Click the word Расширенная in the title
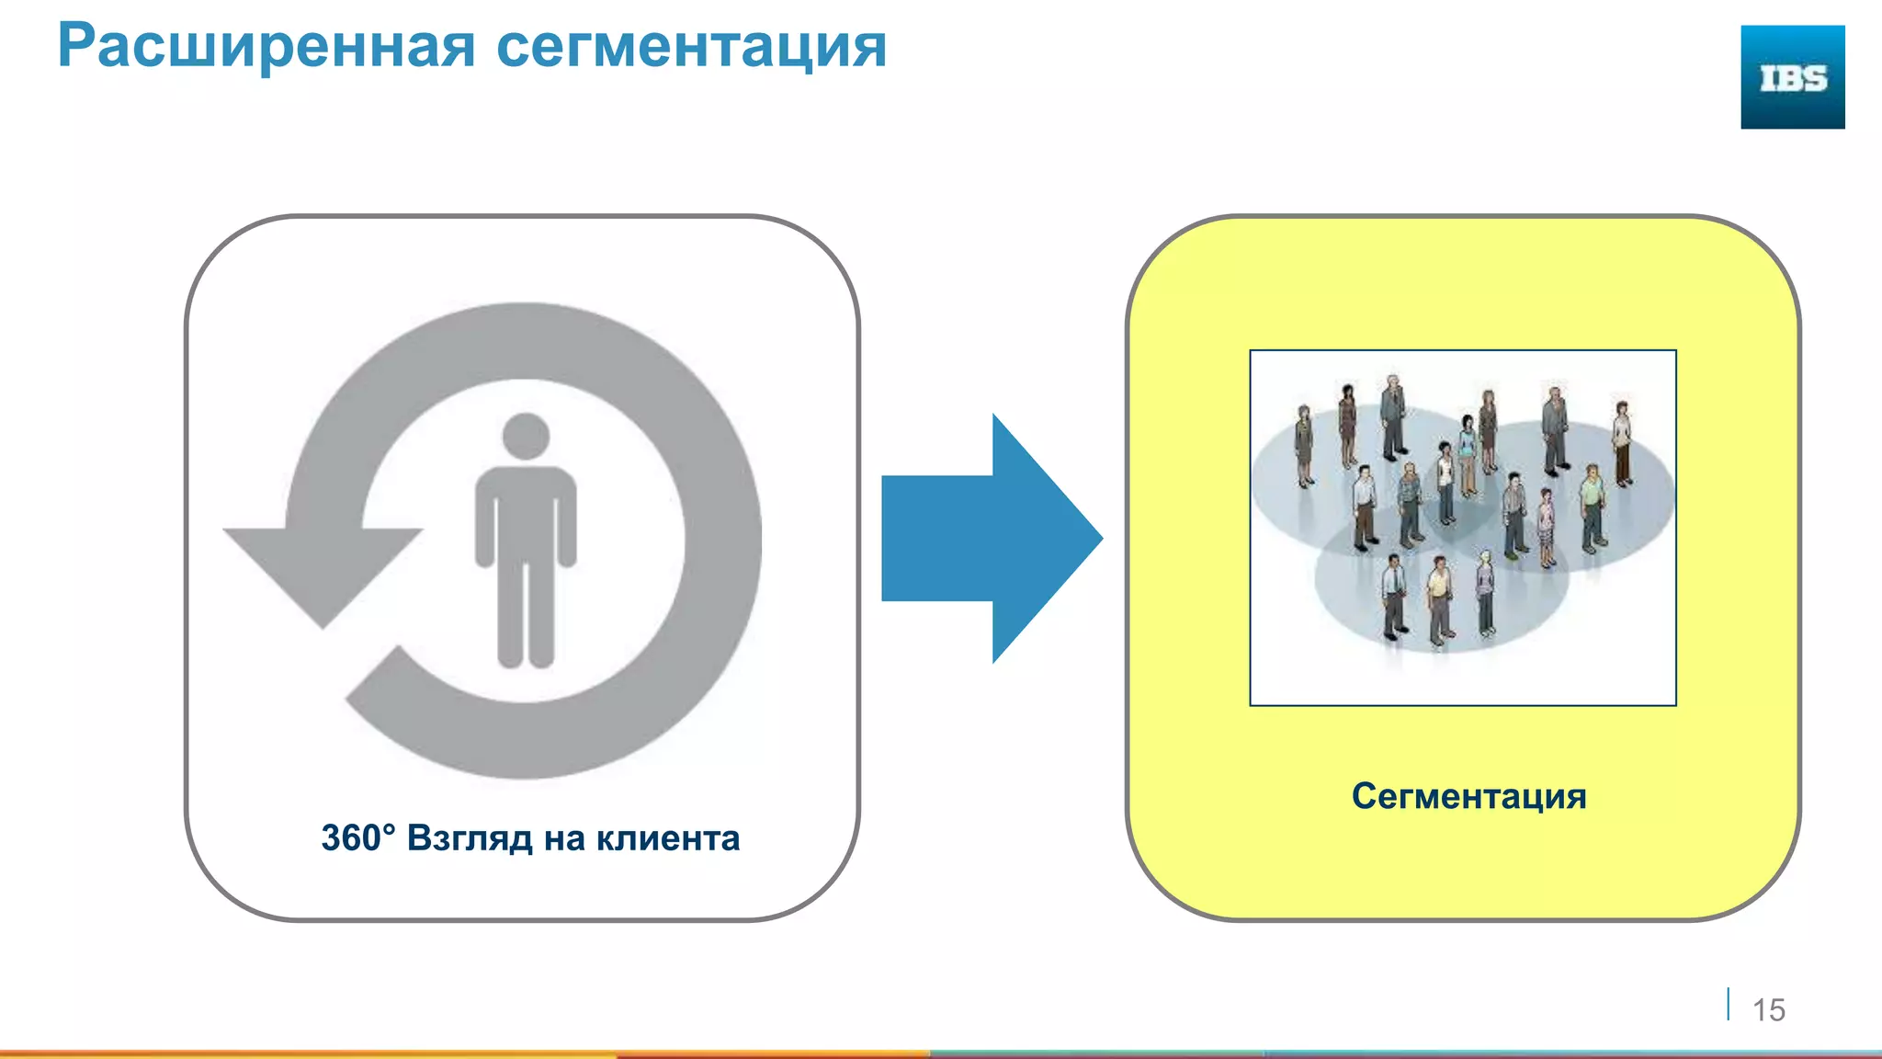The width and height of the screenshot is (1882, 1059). (x=266, y=46)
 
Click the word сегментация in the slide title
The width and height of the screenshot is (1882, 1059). (x=691, y=46)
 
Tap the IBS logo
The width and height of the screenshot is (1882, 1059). (x=1792, y=77)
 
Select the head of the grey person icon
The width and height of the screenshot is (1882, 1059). (x=526, y=436)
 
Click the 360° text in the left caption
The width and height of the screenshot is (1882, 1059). (x=357, y=838)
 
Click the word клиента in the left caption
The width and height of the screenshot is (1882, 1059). (x=667, y=838)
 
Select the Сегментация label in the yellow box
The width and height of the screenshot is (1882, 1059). (x=1468, y=796)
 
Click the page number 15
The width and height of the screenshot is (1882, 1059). (x=1768, y=1010)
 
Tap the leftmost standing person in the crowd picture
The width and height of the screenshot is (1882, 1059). (x=1303, y=446)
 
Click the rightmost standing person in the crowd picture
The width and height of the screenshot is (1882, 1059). (x=1623, y=443)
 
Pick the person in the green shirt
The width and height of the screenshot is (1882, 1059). (x=1593, y=507)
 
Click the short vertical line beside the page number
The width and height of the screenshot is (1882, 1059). (x=1729, y=1004)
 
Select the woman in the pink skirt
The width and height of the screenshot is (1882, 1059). (x=1547, y=527)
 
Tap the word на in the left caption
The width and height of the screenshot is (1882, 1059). (x=563, y=838)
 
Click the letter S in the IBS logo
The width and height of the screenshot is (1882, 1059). (x=1813, y=79)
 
